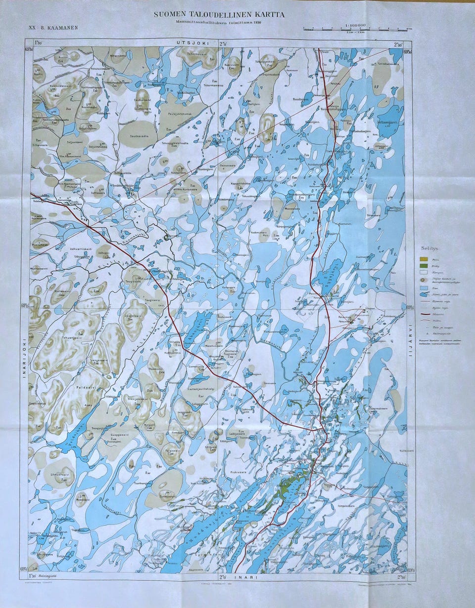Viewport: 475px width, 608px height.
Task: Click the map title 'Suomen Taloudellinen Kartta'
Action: pos(219,15)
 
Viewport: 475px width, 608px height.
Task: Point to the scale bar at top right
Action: pos(356,29)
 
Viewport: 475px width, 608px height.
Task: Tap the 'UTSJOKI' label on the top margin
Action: pos(192,43)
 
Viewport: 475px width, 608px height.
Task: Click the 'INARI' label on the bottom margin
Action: pos(241,576)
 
